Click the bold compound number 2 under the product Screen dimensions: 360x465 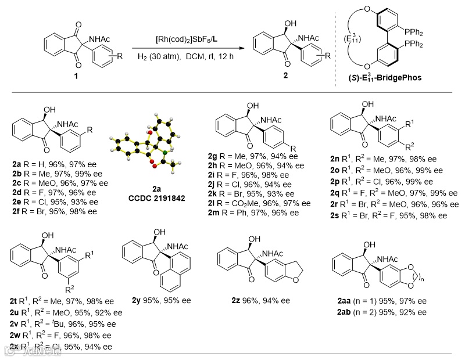coord(285,75)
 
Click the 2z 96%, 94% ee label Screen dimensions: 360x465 coord(261,301)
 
